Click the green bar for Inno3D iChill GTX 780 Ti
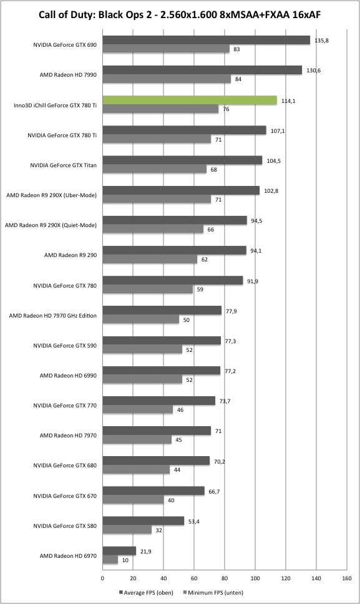click(x=190, y=100)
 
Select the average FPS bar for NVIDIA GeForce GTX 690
click(x=206, y=40)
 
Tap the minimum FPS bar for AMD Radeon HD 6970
click(x=110, y=560)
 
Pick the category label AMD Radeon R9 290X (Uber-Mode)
click(x=52, y=195)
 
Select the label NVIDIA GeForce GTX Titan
click(x=64, y=165)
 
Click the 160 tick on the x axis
click(x=346, y=578)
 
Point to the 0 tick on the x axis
click(x=102, y=578)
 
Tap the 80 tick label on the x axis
click(x=225, y=578)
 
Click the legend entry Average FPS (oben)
click(x=146, y=592)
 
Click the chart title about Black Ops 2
click(x=180, y=15)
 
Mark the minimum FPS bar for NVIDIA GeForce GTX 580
click(x=127, y=530)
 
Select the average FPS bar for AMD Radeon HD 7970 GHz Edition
click(x=162, y=310)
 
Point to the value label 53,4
click(x=193, y=521)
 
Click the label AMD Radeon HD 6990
click(x=68, y=375)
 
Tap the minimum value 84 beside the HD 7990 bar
click(x=238, y=79)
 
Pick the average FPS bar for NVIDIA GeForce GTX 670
click(x=153, y=490)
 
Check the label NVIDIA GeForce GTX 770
click(x=65, y=405)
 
